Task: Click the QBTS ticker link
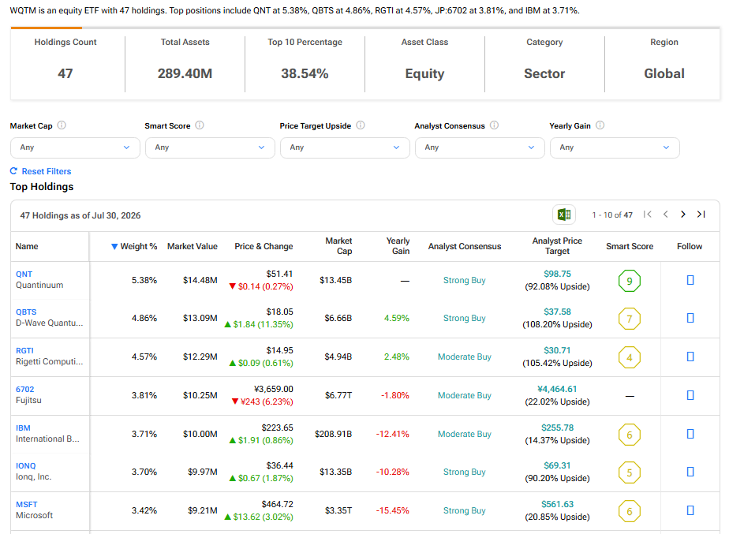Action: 26,312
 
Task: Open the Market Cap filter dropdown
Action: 75,148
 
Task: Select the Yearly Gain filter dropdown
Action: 615,148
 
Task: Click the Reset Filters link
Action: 41,171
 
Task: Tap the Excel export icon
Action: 564,215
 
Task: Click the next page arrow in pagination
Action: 683,215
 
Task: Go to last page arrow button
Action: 701,215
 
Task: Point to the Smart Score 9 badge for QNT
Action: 630,281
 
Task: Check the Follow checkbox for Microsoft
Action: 690,510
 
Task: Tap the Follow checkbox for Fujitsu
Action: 690,395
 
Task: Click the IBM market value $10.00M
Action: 200,434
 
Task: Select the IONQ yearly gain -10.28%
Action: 392,472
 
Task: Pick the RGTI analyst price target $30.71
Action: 557,350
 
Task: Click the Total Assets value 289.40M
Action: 185,73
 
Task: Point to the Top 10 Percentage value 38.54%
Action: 305,73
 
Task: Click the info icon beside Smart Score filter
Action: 200,125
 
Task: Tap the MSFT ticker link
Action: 27,504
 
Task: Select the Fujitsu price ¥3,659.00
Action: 273,389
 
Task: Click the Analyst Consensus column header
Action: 465,246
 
